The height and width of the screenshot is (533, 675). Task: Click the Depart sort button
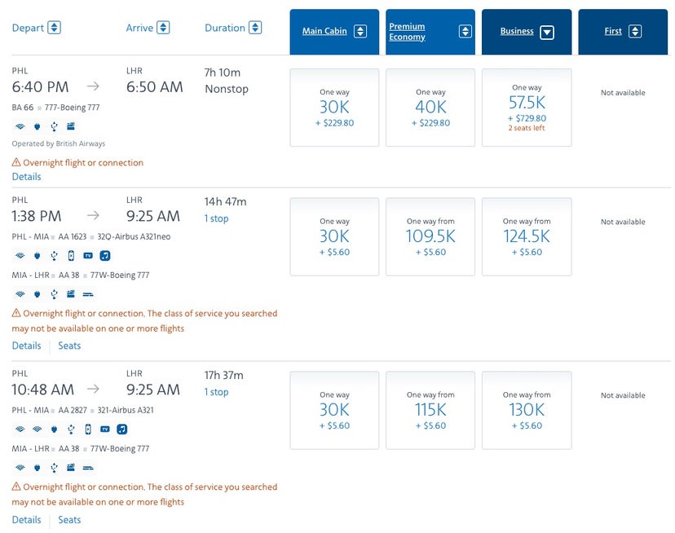tap(54, 28)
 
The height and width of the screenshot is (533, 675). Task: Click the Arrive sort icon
tap(163, 28)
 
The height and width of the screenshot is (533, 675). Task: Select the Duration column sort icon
tap(255, 28)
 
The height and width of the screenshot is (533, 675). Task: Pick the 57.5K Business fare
tap(527, 107)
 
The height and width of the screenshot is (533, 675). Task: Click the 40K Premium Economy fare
tap(430, 107)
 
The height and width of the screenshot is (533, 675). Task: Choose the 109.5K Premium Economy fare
tap(430, 236)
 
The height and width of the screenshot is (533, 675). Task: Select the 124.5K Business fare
tap(527, 236)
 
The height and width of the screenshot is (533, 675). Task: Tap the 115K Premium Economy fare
tap(430, 410)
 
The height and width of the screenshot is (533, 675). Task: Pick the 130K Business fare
tap(527, 410)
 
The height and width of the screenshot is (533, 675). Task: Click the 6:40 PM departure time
tap(40, 86)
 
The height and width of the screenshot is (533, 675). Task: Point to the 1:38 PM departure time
tap(37, 216)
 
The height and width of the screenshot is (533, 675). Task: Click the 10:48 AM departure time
tap(42, 390)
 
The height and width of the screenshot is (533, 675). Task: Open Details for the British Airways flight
tap(26, 177)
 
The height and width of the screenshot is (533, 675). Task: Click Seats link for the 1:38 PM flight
tap(69, 346)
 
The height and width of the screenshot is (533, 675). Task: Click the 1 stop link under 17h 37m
tap(216, 392)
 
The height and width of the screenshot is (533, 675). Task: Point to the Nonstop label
tap(227, 89)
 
